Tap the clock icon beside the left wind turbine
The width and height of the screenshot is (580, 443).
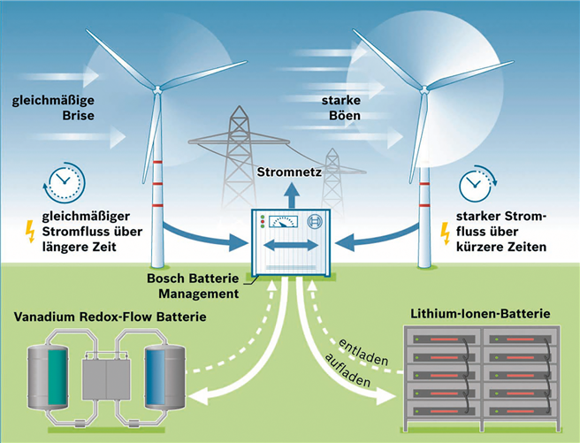coord(61,183)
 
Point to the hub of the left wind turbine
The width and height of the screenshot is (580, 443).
coord(157,89)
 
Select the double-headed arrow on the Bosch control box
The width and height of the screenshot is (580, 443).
coord(290,244)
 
